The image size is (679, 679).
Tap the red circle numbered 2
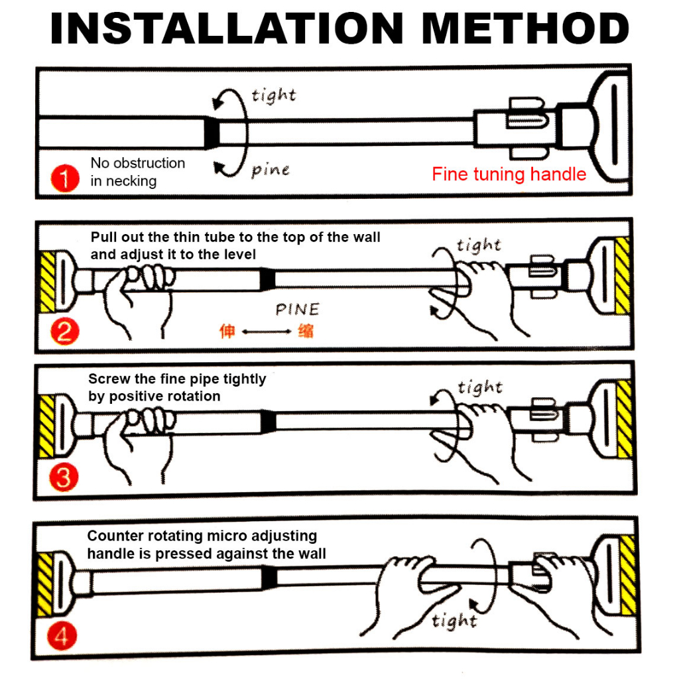click(64, 332)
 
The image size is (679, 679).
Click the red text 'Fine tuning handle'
click(509, 174)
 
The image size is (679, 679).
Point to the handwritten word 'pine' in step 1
click(271, 170)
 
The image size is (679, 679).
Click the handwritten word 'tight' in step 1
click(273, 95)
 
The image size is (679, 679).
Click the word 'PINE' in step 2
click(298, 310)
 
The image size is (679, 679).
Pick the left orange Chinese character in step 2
click(227, 331)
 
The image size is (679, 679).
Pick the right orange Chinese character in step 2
click(306, 331)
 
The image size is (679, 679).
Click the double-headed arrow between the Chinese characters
click(266, 332)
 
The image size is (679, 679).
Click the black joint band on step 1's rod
click(212, 131)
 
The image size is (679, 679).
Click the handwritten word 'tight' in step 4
click(454, 621)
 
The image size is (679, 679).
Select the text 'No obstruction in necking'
click(137, 172)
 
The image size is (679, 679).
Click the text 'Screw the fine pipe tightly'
click(177, 379)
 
